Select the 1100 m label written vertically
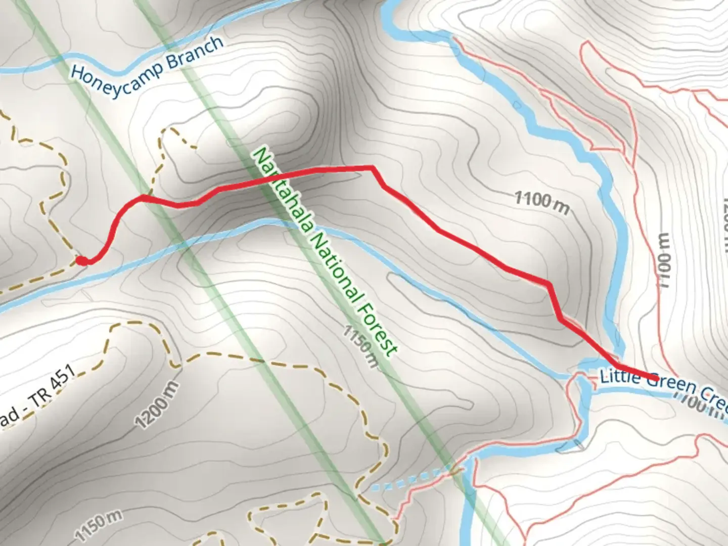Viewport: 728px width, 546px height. [x=664, y=260]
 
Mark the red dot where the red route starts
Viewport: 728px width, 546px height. [x=82, y=260]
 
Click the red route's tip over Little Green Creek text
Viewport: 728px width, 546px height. [x=655, y=378]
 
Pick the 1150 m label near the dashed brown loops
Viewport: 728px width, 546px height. [x=99, y=526]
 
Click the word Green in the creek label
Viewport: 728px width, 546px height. [x=667, y=385]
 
